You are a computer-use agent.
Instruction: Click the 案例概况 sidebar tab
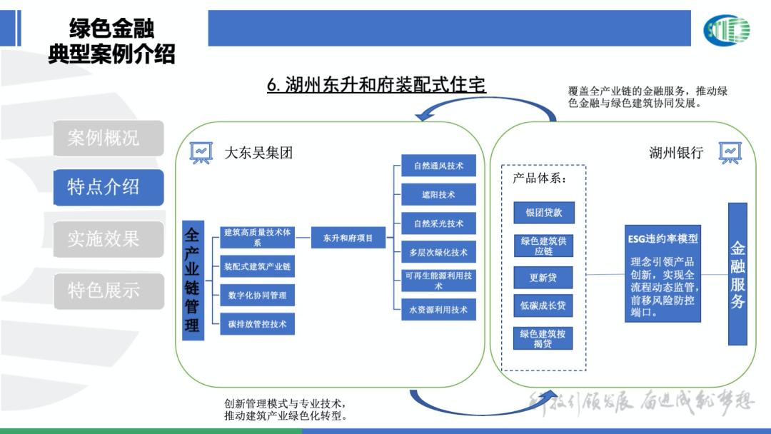(108, 138)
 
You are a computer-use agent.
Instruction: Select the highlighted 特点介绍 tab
(108, 187)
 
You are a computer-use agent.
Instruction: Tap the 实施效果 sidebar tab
(108, 238)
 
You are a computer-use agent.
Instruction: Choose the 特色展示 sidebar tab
(108, 291)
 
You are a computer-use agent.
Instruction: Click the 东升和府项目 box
(348, 238)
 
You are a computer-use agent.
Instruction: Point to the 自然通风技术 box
(438, 166)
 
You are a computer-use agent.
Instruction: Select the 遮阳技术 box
(438, 195)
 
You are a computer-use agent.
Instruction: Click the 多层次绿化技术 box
(438, 253)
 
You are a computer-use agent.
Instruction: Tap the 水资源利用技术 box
(438, 310)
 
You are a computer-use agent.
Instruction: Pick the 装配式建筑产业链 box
(257, 267)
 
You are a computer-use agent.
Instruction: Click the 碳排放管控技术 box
(257, 324)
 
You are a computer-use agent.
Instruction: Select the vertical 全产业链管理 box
(193, 280)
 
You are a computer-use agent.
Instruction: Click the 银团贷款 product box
(544, 213)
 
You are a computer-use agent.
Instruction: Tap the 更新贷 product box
(544, 278)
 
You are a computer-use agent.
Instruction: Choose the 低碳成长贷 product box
(544, 306)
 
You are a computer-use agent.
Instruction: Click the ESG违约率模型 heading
(662, 239)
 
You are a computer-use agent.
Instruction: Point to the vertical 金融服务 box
(737, 274)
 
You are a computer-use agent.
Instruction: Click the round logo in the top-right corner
(727, 30)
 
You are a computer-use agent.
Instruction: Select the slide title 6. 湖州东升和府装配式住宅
(376, 86)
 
